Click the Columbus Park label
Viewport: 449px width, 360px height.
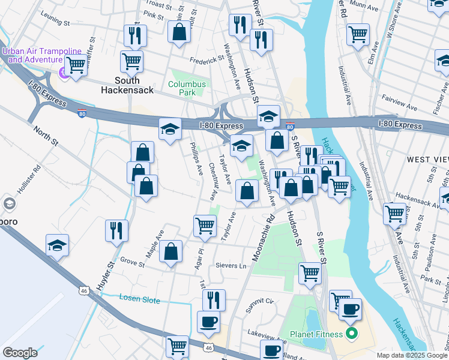[x=187, y=89]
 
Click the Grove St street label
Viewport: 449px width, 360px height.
[x=133, y=262]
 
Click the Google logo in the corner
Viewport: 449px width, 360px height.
[x=20, y=352]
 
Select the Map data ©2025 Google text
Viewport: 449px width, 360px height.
[x=412, y=355]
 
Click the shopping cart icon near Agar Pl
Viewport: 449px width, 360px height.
[x=205, y=226]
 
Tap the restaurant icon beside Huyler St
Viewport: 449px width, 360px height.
[x=116, y=230]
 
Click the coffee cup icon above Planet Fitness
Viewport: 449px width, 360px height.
[x=351, y=309]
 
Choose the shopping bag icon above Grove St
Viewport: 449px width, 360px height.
[x=171, y=252]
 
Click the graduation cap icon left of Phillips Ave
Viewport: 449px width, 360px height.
[x=170, y=128]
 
